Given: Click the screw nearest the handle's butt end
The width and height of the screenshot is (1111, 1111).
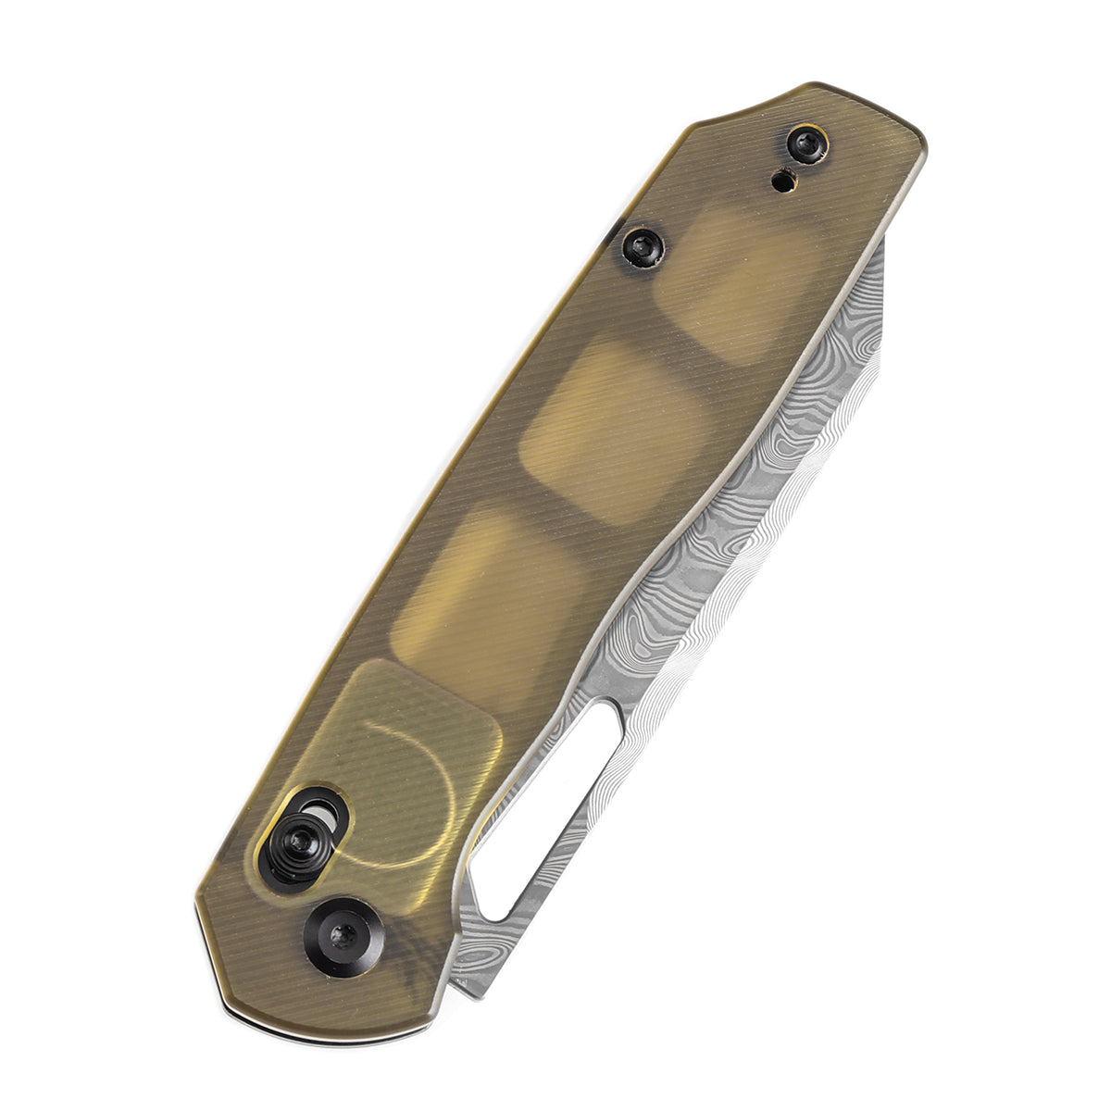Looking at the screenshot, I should pyautogui.click(x=806, y=144).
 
